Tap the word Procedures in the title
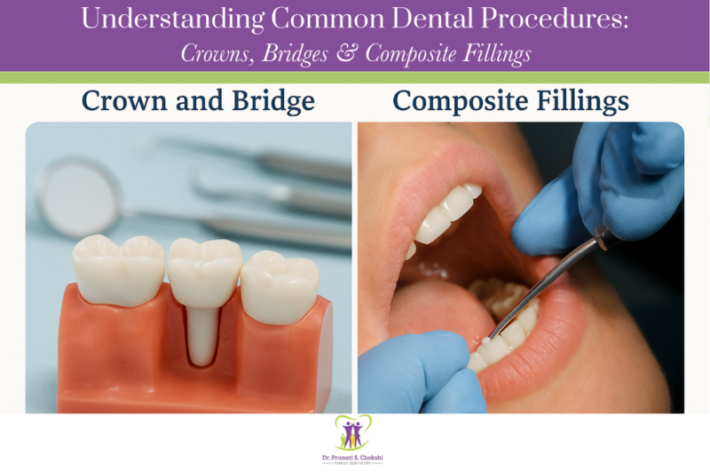557,20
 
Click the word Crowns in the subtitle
216,53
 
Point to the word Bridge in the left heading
272,101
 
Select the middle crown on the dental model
204,266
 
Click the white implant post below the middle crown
203,333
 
